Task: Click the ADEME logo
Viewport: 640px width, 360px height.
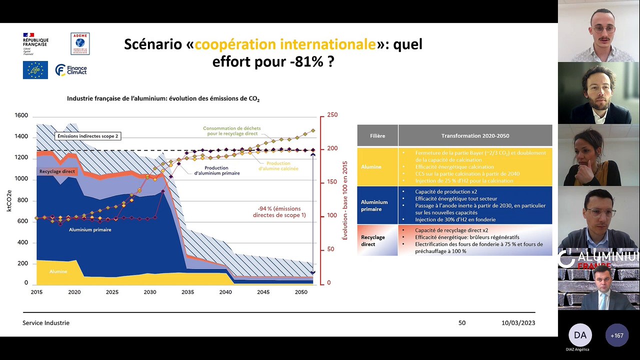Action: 80,43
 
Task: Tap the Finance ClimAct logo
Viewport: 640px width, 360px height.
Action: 71,70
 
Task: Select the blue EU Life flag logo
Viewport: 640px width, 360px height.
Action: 35,70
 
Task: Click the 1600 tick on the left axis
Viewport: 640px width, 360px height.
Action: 21,115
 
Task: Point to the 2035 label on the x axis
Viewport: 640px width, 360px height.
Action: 187,292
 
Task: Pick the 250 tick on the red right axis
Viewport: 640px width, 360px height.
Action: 332,115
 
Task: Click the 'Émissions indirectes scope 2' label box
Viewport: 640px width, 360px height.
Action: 87,136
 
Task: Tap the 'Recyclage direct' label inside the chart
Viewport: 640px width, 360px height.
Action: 57,171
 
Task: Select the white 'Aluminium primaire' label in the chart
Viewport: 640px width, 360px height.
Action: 90,229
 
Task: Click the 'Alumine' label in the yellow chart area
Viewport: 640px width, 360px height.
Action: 58,271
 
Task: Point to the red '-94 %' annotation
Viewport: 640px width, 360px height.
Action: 279,211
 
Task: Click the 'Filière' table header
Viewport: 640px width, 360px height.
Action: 377,135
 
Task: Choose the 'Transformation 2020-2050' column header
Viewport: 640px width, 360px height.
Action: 475,135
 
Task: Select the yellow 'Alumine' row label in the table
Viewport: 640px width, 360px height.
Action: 371,167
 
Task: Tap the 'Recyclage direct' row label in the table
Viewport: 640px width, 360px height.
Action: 373,240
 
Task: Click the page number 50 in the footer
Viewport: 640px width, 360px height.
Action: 462,323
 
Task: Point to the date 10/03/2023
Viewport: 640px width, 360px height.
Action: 518,323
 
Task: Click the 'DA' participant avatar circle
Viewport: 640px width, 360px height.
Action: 580,335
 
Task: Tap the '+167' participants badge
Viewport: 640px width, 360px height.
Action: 617,335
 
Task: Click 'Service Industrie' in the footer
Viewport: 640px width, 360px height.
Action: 46,323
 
